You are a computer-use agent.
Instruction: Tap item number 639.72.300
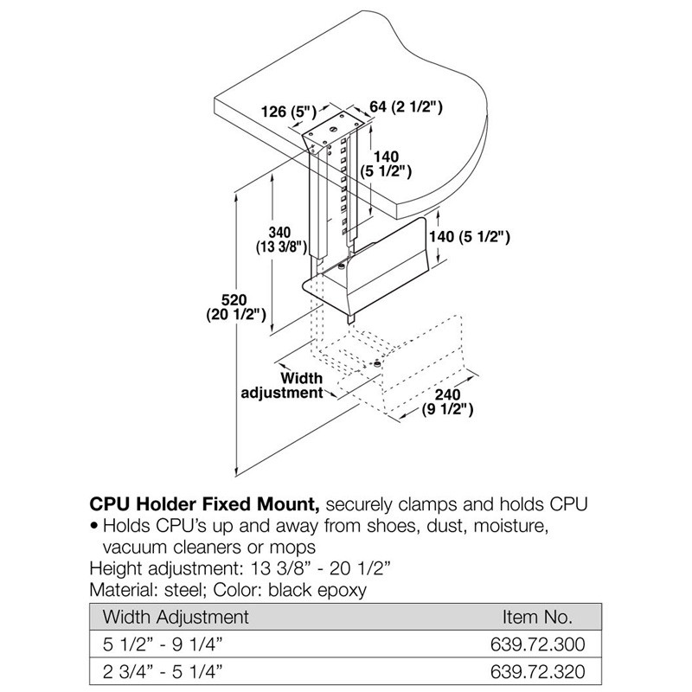tap(537, 644)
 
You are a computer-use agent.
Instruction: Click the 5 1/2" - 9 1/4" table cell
tap(162, 644)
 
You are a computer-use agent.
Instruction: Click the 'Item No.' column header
tap(538, 617)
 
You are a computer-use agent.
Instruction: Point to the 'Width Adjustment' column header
tap(176, 617)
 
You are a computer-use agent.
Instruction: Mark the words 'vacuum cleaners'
tap(167, 547)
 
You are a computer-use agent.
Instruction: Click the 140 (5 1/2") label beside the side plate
tap(472, 235)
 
